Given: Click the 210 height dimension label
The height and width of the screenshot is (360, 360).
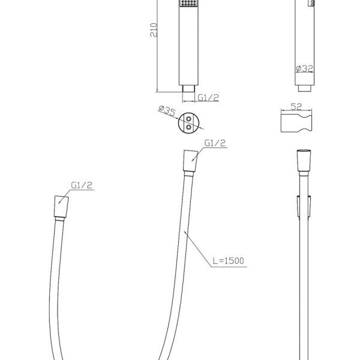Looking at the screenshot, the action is (154, 30).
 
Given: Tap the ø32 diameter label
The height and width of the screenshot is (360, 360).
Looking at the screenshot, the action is (304, 68).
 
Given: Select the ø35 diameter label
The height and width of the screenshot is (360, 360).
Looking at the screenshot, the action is (167, 110).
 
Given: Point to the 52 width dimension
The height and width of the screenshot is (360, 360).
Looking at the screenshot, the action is (296, 107).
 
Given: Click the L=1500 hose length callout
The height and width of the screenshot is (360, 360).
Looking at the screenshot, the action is (228, 261).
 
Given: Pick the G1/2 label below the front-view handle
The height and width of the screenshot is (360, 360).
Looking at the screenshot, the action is (208, 98).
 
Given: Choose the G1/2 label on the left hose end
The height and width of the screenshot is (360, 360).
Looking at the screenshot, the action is (82, 185).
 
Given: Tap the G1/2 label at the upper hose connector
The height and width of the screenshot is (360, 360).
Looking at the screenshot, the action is (215, 143).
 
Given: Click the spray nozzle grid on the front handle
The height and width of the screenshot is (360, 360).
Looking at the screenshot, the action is (188, 3).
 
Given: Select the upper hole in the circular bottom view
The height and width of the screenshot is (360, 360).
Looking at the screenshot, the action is (188, 119).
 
